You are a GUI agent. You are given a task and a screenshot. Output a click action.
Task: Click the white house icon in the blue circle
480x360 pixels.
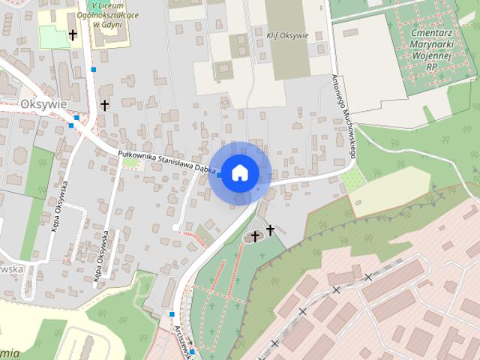click(239, 172)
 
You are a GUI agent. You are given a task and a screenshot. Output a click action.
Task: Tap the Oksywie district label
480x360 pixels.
click(44, 103)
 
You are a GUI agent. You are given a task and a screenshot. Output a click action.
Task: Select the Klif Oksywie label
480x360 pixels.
click(287, 34)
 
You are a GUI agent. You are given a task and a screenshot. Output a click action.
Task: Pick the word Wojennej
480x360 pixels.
click(430, 55)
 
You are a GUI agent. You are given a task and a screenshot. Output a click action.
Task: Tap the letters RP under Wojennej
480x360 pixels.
click(430, 67)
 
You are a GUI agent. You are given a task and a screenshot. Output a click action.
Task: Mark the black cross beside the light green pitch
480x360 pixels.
click(73, 34)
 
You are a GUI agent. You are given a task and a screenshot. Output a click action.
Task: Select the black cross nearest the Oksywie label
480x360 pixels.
click(104, 105)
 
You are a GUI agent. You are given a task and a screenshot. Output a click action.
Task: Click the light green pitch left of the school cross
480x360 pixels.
click(52, 36)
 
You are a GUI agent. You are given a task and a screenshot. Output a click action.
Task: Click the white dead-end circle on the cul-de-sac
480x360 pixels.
click(175, 226)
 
